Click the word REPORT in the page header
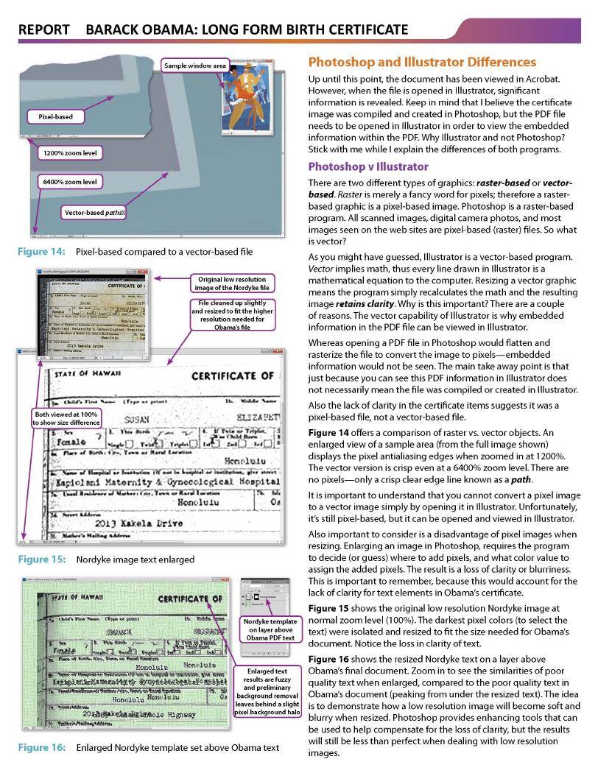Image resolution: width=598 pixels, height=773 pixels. pyautogui.click(x=43, y=29)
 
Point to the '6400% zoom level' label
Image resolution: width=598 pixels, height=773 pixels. pyautogui.click(x=68, y=181)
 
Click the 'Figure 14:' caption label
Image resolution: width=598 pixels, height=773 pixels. pyautogui.click(x=41, y=252)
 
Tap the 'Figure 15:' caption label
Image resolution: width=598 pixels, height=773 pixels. pyautogui.click(x=41, y=560)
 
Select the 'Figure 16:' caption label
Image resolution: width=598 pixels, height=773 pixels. pyautogui.click(x=41, y=748)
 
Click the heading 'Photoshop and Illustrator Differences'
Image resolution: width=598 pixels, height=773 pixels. pyautogui.click(x=422, y=62)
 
